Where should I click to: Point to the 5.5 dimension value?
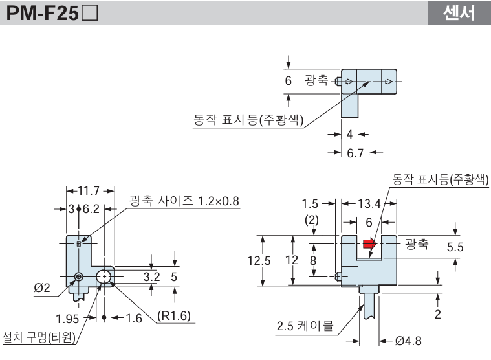pyautogui.click(x=455, y=247)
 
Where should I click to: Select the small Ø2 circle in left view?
pyautogui.click(x=78, y=277)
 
